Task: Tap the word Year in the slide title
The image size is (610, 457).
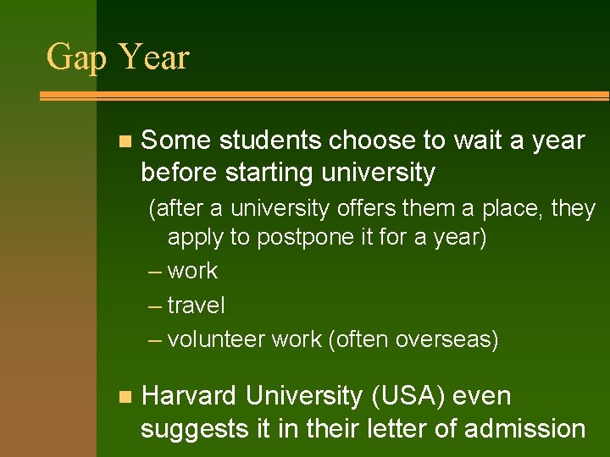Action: pos(154,58)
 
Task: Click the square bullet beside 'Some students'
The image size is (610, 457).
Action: pos(125,140)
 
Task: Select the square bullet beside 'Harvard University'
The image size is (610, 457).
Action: pos(125,396)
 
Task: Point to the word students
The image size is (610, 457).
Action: pos(271,140)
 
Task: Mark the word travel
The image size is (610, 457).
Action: pos(197,305)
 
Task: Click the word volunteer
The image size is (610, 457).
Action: pos(216,339)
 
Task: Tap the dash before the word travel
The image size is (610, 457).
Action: pos(154,305)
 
